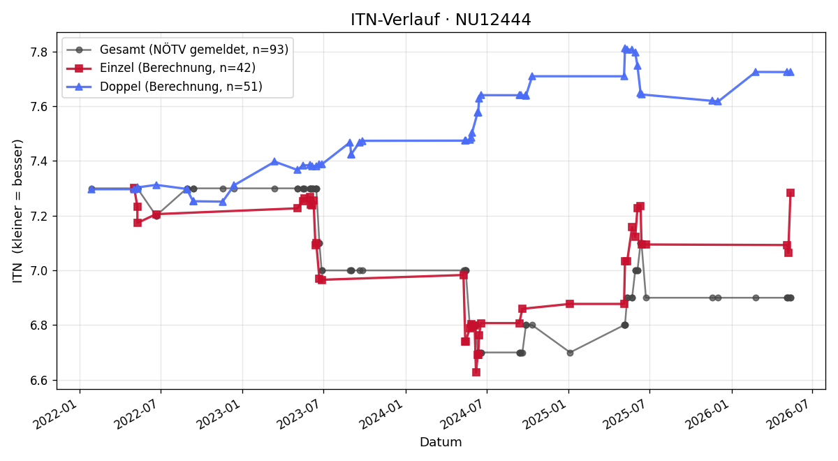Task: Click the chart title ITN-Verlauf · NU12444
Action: pos(441,20)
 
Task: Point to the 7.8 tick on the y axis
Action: pos(39,52)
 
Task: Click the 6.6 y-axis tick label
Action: pos(39,380)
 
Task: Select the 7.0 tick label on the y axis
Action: pos(39,270)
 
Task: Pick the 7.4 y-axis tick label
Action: pos(39,161)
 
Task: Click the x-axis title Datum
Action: pos(441,442)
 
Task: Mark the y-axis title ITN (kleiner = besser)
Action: pos(17,211)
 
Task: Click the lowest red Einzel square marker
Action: pos(476,372)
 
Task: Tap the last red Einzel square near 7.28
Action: pos(791,193)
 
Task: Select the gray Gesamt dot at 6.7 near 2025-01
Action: pos(570,353)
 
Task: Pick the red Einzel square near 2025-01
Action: pos(570,304)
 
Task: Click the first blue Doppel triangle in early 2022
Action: pos(91,190)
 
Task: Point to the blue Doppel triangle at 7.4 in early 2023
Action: pos(274,161)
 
